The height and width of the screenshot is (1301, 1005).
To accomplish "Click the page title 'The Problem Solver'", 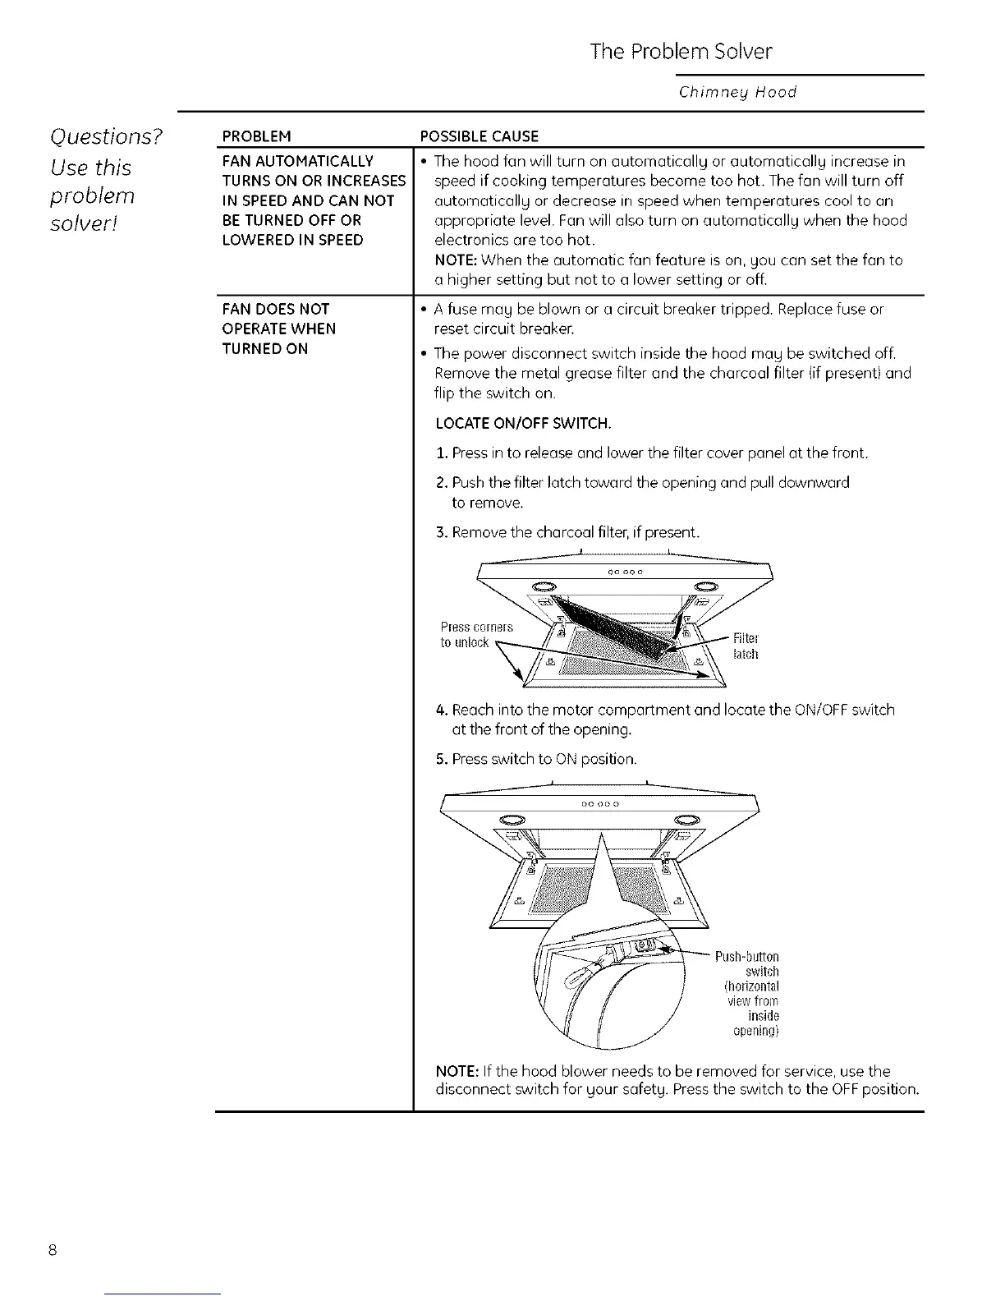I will coord(681,52).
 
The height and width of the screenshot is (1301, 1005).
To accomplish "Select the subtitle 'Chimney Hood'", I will coord(737,92).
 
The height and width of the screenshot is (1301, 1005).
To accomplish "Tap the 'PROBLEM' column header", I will coord(257,136).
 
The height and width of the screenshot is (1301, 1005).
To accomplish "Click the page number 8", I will coord(52,1251).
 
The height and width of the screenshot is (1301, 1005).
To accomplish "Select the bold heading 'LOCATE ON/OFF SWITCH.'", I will coord(523,424).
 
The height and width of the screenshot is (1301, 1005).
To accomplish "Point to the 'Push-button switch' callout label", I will coord(746,964).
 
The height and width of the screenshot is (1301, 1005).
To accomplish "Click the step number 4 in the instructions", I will coord(441,710).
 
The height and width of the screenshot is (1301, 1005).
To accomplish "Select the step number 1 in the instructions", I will coord(441,453).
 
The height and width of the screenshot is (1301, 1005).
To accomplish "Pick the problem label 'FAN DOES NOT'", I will coord(275,309).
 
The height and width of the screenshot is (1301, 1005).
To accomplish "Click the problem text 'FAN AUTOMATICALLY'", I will coord(297,160).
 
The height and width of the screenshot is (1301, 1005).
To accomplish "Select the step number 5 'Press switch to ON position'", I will coord(441,759).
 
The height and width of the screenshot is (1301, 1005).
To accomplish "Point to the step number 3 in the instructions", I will coord(441,533).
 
